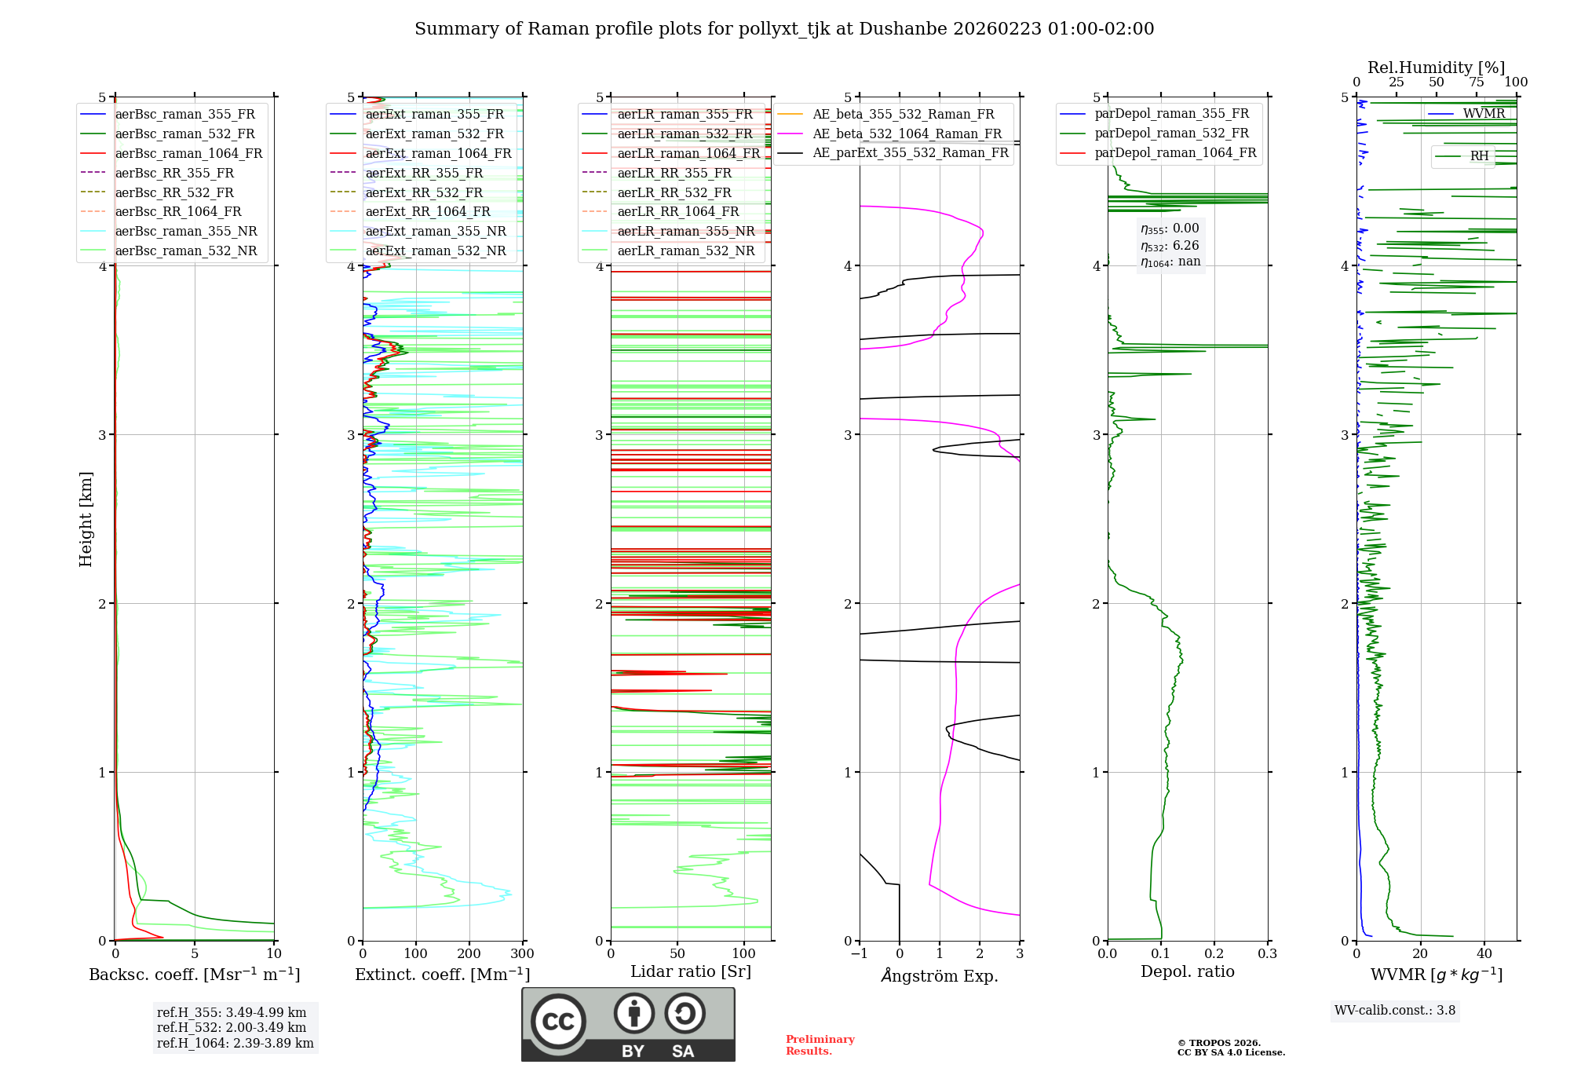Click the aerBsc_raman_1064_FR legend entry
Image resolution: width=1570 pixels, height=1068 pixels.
[188, 154]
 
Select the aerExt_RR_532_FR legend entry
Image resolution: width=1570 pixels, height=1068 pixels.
[424, 192]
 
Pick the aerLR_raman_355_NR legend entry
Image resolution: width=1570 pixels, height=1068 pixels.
[685, 232]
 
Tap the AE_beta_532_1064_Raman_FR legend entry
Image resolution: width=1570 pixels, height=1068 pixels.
[907, 134]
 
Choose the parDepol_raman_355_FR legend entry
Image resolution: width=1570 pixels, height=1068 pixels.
[1171, 114]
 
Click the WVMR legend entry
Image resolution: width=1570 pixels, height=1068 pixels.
[1484, 114]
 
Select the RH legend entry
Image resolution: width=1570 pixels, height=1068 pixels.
[1479, 156]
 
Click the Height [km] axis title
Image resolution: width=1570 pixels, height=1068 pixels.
[86, 519]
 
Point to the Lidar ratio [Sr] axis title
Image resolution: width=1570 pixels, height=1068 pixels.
[691, 971]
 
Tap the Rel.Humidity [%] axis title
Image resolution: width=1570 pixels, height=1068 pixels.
[1436, 68]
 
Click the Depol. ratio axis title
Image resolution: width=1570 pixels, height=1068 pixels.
[1187, 971]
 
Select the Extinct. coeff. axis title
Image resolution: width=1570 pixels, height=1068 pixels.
[443, 975]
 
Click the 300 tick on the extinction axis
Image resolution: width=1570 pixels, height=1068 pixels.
[522, 954]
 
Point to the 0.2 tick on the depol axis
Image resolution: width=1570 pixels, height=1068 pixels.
[1214, 954]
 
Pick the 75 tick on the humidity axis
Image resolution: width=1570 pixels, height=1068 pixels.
[1477, 82]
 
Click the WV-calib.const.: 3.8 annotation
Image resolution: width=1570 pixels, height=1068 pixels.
[1394, 1011]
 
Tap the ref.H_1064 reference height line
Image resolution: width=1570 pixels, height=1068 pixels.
[235, 1043]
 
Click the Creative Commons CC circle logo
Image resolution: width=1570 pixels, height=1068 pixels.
[558, 1021]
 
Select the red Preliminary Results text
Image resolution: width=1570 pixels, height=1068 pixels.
[820, 1045]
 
